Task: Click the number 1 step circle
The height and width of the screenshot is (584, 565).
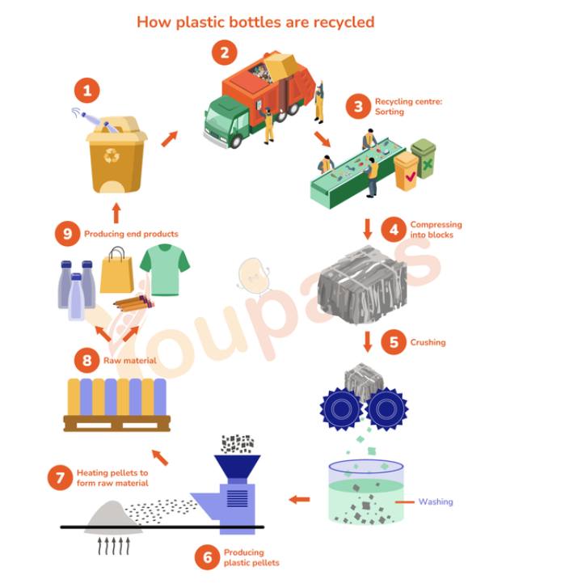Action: point(87,91)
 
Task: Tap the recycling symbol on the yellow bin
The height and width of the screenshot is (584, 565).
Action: point(112,155)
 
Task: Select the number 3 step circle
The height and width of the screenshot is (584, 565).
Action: point(358,107)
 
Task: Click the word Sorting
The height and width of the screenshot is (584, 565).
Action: point(390,112)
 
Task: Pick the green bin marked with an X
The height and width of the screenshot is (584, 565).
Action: point(424,158)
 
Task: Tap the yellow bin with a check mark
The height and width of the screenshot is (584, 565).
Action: point(407,171)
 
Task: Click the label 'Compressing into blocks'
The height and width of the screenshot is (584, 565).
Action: point(436,230)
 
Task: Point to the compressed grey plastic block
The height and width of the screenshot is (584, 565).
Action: point(362,286)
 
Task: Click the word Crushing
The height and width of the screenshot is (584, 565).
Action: point(428,342)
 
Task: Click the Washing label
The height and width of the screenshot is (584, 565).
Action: point(436,501)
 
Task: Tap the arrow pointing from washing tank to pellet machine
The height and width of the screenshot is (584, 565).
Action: point(300,499)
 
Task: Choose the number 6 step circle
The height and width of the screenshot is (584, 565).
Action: point(207,557)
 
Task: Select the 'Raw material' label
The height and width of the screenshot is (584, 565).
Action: point(130,361)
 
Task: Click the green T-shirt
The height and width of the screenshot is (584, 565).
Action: point(165,269)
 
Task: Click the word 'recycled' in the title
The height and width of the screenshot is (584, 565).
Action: point(344,23)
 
